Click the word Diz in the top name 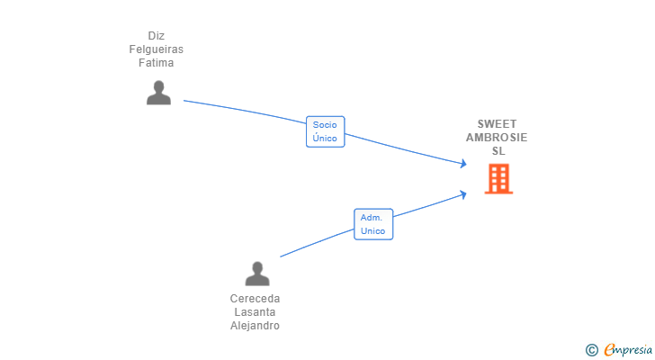pos(157,36)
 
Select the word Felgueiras pos(157,49)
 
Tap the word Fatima pos(157,63)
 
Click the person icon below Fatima pos(158,93)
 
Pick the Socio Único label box pos(325,131)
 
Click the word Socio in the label pos(325,125)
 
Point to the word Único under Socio pos(325,139)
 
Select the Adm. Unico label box pos(372,224)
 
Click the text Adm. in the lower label pos(372,218)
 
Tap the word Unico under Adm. pos(372,231)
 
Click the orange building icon pos(498,179)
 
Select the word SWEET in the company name pos(498,124)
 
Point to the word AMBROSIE pos(497,138)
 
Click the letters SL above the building pos(498,151)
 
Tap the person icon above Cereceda pos(257,274)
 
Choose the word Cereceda pos(256,299)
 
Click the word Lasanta pos(256,312)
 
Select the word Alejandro pos(256,326)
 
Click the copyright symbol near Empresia pos(591,349)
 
